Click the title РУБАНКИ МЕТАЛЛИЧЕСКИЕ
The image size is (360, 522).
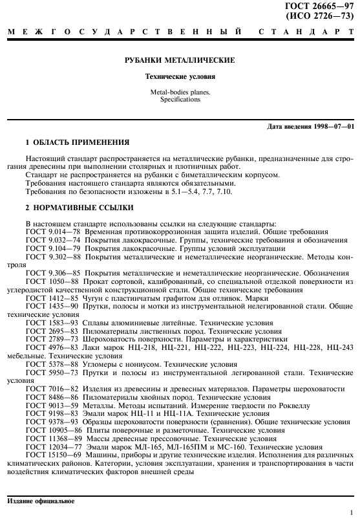pyautogui.click(x=180, y=61)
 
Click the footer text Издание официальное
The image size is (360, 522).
pyautogui.click(x=41, y=501)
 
